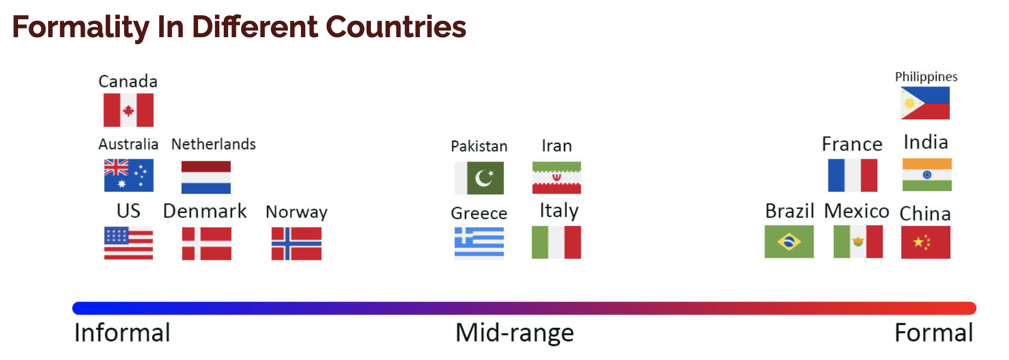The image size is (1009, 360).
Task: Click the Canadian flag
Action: point(129,110)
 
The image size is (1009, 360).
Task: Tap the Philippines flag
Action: point(925,103)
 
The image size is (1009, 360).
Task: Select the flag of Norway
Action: point(297,243)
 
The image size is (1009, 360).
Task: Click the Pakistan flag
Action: point(479,178)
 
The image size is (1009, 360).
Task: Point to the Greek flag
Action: point(479,242)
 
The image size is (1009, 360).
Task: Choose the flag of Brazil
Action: point(789,242)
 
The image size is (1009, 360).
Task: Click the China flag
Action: point(926,242)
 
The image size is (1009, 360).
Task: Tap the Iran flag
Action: point(556,178)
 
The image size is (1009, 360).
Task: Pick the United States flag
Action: point(129,243)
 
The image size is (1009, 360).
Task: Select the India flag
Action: point(927,175)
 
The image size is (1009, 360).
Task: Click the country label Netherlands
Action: point(213,144)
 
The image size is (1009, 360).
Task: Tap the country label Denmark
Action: point(205,211)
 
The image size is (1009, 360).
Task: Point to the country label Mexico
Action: point(857,211)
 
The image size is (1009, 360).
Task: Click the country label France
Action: point(852,144)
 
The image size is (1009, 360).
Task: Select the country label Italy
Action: point(559,211)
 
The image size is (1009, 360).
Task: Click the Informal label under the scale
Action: point(123,333)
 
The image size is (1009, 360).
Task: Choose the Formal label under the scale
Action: point(934,333)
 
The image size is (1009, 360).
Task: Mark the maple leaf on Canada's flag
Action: point(129,111)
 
